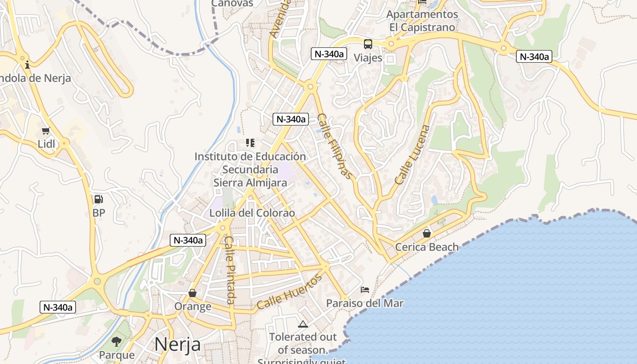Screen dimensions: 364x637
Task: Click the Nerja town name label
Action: click(177, 344)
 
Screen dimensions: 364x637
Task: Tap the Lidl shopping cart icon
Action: click(45, 131)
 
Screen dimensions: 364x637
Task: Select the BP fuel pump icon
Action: click(98, 199)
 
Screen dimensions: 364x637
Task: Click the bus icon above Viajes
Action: click(368, 44)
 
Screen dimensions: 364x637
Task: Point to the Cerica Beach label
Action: click(427, 247)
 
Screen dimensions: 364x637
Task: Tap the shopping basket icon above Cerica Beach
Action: click(427, 233)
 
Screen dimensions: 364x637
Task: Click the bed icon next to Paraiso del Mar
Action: click(365, 289)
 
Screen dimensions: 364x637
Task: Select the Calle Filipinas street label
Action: click(335, 146)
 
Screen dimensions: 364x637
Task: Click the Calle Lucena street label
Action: click(412, 155)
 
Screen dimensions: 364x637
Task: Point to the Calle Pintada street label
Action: click(230, 270)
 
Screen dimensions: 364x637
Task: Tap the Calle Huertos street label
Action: click(289, 292)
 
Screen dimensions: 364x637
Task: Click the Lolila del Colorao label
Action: click(252, 213)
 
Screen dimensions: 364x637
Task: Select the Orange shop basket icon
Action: click(192, 293)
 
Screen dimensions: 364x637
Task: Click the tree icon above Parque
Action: click(116, 341)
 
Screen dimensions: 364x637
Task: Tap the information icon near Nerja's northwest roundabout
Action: click(27, 65)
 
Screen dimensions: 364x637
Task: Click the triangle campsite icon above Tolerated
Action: click(303, 324)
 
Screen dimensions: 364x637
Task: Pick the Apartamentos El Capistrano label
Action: click(422, 20)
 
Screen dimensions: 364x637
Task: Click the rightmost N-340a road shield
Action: click(534, 57)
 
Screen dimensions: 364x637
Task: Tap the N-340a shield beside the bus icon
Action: click(329, 54)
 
